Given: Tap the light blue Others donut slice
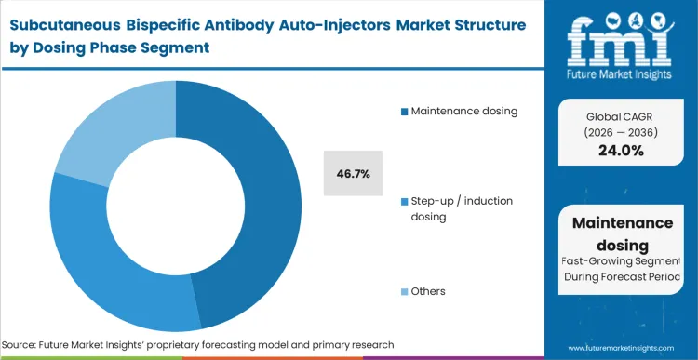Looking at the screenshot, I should [x=107, y=130].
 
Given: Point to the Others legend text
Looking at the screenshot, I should [x=429, y=291].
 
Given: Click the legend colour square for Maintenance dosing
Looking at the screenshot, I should [x=404, y=113].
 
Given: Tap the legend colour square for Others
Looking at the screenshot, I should [x=404, y=291].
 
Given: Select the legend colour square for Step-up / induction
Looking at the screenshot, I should [x=404, y=202].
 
